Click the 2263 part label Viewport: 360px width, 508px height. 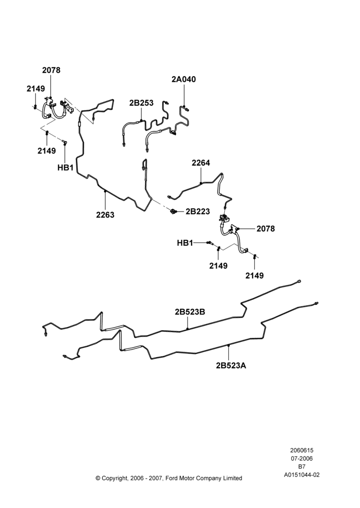(x=105, y=214)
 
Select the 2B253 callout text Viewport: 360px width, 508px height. (x=141, y=103)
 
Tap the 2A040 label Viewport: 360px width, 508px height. (x=184, y=79)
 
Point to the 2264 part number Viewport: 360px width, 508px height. (x=201, y=163)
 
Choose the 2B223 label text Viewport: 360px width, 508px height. (x=198, y=211)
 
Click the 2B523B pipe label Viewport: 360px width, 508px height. (x=190, y=312)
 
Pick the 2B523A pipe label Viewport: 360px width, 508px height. (x=231, y=365)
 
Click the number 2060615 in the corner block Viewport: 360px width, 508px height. (x=302, y=450)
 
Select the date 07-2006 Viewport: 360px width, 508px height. (x=302, y=458)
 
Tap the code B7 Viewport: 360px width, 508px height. (x=302, y=467)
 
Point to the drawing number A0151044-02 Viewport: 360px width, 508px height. (x=302, y=475)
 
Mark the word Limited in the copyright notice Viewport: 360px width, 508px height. (x=232, y=478)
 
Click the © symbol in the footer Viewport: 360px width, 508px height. (x=98, y=478)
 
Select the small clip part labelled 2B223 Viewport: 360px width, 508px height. (x=173, y=211)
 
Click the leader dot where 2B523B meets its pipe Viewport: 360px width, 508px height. (x=188, y=329)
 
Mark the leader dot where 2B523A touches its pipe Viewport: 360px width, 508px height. (x=229, y=345)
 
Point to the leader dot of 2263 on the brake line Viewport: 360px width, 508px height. (x=105, y=191)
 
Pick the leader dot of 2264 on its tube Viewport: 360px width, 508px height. (x=201, y=183)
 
